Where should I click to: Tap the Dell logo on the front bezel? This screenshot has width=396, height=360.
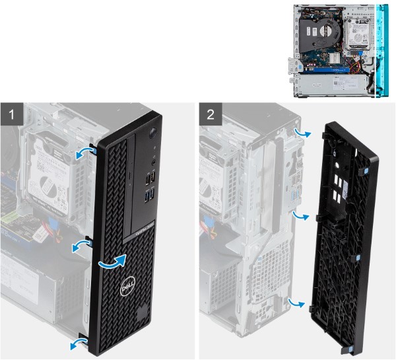pos(127,288)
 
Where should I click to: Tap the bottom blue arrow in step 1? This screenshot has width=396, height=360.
pos(78,341)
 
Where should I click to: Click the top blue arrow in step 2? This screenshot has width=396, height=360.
pos(301,132)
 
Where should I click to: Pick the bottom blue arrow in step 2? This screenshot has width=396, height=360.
pos(300,303)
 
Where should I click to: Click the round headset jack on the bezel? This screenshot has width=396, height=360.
pos(153,159)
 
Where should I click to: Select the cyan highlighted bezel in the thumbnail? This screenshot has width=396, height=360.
pos(381,50)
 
